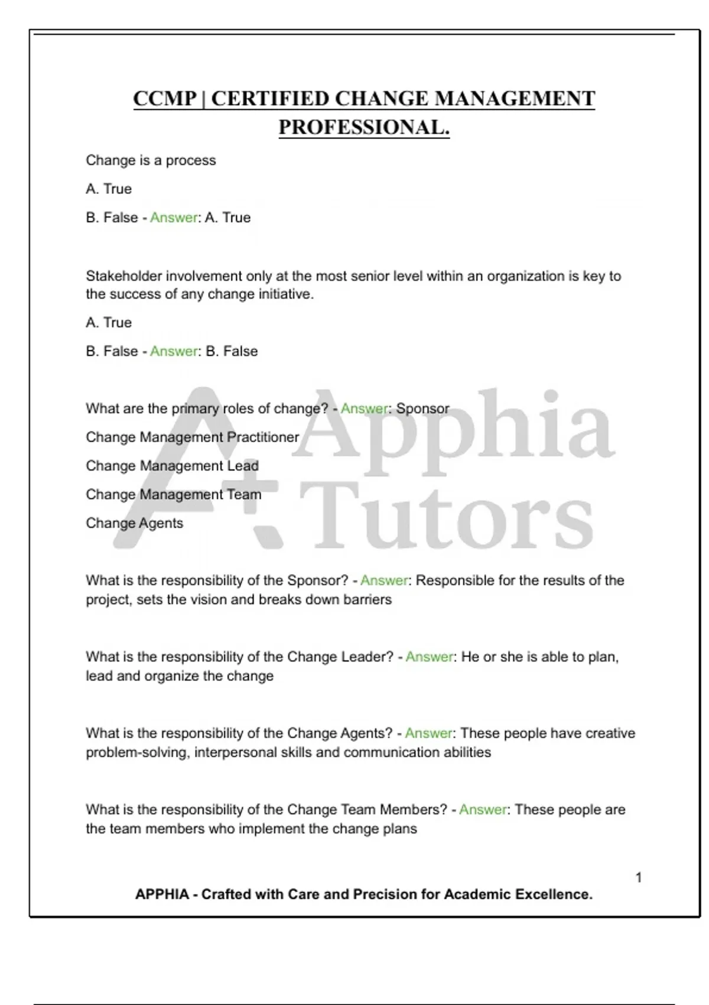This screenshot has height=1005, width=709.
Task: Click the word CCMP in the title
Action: pos(164,98)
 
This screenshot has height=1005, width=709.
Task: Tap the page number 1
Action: pos(639,877)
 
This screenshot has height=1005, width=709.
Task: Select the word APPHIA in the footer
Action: pos(162,894)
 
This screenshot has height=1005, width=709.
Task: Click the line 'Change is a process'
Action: pos(151,160)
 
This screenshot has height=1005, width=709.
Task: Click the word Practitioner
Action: pos(263,437)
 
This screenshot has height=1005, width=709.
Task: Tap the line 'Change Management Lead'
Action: pos(172,466)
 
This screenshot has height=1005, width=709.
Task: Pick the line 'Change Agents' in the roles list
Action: pos(134,523)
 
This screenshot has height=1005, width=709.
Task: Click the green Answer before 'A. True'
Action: pos(173,218)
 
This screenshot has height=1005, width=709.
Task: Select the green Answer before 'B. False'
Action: pos(173,351)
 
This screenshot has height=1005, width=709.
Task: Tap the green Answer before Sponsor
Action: pos(364,409)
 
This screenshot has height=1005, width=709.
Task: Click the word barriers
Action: pos(367,599)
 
